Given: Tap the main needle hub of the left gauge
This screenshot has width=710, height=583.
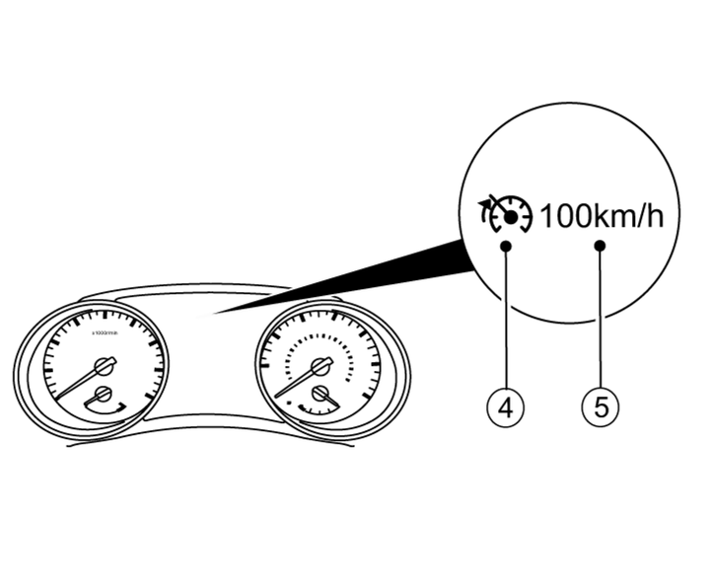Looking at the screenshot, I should (102, 366).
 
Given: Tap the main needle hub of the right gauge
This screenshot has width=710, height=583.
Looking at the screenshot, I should (319, 366).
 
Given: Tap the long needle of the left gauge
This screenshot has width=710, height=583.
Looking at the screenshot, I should (74, 385).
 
